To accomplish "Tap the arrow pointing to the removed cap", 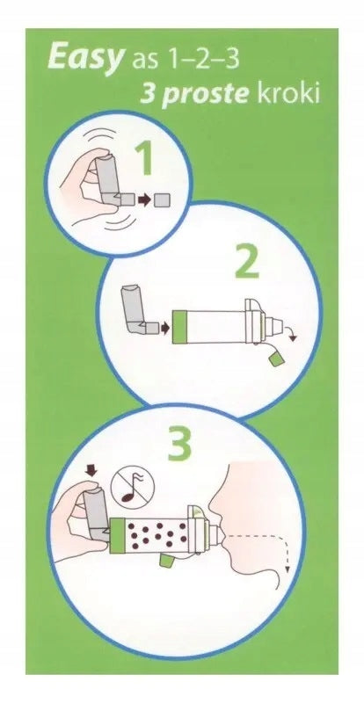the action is tap(144, 199).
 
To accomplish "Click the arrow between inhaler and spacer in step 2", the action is tap(165, 328).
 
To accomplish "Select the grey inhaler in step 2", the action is tap(136, 310).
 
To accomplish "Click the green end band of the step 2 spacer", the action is tap(179, 327).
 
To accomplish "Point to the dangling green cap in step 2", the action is tap(274, 359).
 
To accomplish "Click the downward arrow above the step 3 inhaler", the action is tap(91, 470).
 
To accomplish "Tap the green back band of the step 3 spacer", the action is tap(117, 534).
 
